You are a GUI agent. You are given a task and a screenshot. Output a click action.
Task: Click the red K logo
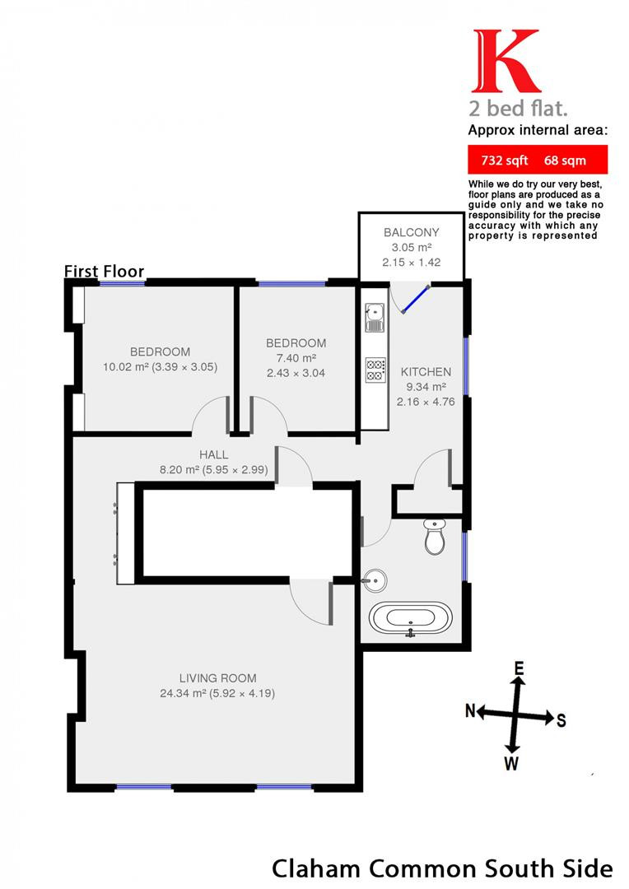[506, 61]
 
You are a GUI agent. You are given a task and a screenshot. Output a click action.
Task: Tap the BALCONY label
[411, 232]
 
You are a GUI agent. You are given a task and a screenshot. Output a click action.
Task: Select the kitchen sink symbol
[375, 318]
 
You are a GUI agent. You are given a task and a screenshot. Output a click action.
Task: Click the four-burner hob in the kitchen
[375, 370]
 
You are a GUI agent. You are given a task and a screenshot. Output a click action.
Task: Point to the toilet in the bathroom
[435, 537]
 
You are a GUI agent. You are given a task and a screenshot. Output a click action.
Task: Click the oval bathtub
[410, 618]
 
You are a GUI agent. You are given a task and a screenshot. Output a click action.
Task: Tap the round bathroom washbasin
[375, 580]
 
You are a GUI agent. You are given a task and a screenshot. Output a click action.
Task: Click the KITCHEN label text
[426, 372]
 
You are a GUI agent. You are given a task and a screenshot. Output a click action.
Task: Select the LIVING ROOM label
[218, 678]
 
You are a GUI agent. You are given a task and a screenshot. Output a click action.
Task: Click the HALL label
[214, 454]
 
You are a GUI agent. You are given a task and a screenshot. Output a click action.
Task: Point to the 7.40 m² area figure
[296, 358]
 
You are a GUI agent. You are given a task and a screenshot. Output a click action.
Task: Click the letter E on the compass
[519, 669]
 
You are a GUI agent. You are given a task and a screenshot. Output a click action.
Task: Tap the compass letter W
[511, 764]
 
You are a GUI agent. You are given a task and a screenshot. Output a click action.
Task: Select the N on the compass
[470, 710]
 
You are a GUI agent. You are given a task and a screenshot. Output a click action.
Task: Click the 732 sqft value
[504, 161]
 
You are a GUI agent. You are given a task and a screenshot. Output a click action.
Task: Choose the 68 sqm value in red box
[565, 161]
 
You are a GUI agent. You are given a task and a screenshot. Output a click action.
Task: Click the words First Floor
[104, 271]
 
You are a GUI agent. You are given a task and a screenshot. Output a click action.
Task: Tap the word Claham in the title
[316, 868]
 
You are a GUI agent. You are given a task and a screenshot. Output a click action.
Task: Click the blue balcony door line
[416, 299]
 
